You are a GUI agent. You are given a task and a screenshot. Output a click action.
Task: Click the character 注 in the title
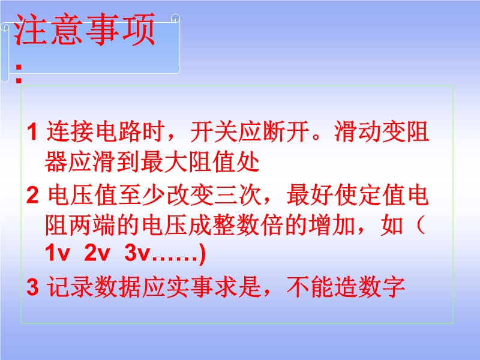[31, 29]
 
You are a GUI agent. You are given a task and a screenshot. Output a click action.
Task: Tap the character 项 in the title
[139, 29]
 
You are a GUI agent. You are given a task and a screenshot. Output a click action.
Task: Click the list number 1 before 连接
[32, 131]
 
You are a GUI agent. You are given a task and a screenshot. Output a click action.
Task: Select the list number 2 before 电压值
[32, 195]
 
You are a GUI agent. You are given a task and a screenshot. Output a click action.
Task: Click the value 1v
[57, 253]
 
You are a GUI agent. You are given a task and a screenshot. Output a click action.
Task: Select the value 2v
[97, 253]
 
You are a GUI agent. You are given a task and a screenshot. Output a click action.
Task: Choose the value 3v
[137, 253]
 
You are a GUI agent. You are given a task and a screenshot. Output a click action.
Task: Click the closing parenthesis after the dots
[202, 254]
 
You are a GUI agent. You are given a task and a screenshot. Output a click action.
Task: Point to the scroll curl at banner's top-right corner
[175, 19]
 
